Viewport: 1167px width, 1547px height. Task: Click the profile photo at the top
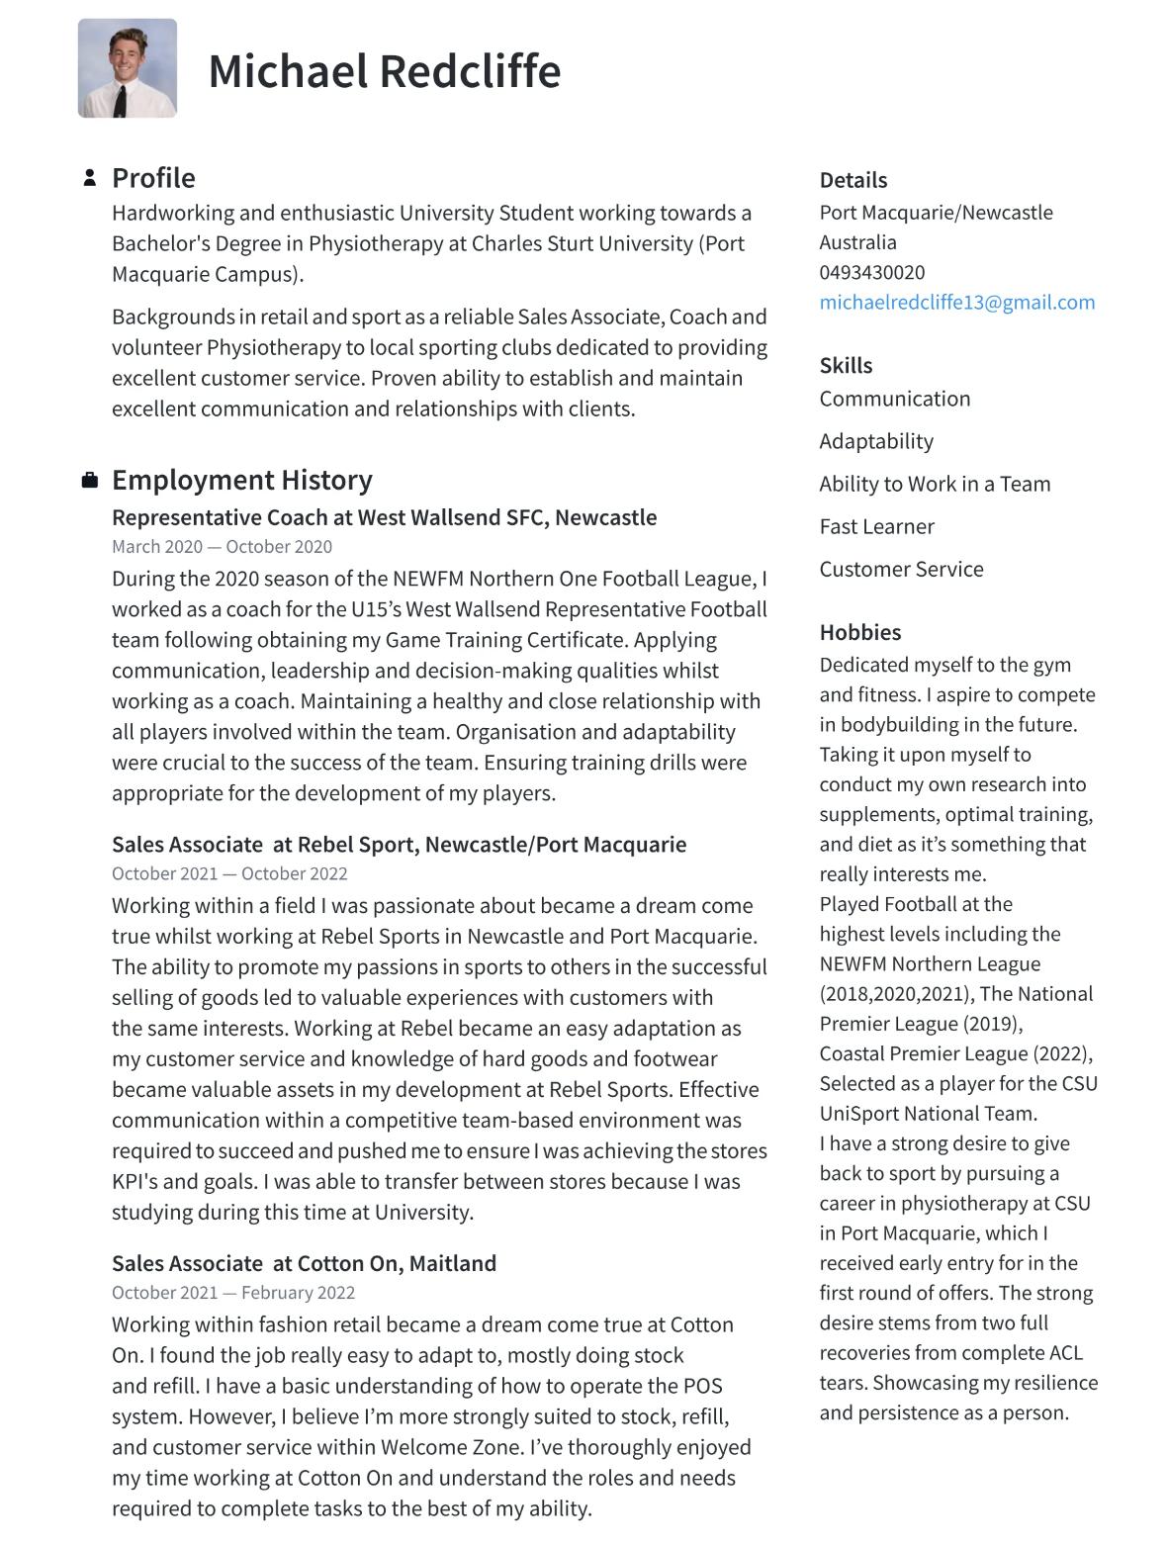[128, 68]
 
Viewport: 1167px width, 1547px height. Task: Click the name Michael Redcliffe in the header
[384, 71]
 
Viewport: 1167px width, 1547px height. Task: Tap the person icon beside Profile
[90, 178]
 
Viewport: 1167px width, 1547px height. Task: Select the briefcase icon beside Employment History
[90, 481]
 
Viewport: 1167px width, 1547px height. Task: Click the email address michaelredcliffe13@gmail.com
[956, 303]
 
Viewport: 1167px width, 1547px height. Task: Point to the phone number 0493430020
[871, 273]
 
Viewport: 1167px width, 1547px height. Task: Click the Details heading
[853, 180]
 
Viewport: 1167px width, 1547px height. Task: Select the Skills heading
[846, 366]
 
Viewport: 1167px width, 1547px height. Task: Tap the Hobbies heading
[859, 633]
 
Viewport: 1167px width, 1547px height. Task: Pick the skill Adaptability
[875, 441]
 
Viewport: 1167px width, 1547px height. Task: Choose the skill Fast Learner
[876, 526]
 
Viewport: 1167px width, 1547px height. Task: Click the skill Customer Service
[901, 569]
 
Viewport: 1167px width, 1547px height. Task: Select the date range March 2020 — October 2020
[222, 547]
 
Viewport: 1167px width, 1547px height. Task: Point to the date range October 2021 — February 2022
[232, 1293]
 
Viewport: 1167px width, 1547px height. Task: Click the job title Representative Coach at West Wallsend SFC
[384, 517]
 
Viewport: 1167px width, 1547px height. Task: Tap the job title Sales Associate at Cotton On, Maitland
[304, 1263]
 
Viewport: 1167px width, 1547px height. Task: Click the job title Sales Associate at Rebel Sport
[399, 845]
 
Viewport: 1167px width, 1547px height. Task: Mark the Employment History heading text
[241, 480]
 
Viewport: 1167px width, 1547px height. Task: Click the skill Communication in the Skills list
[894, 399]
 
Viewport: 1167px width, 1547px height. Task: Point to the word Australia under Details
[857, 242]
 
